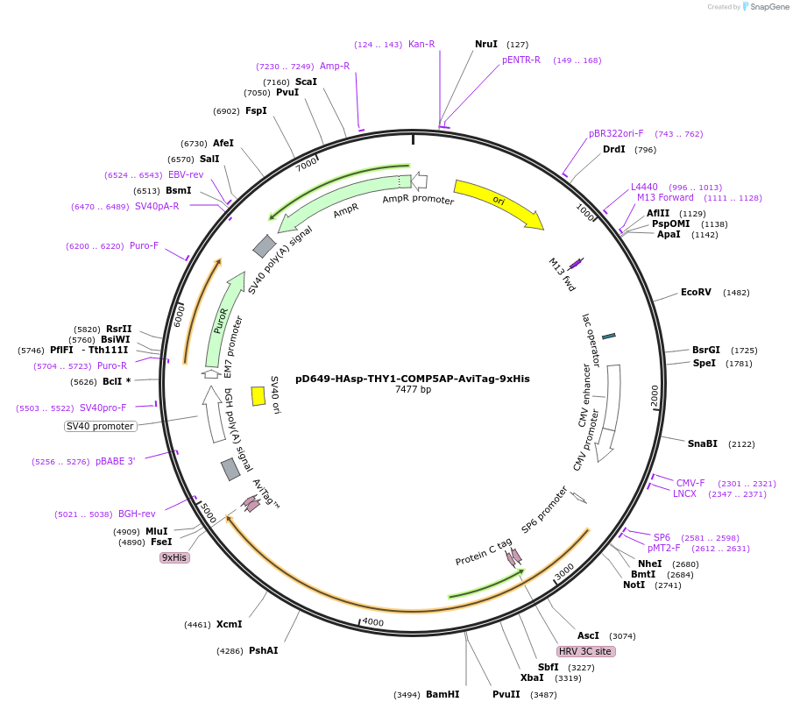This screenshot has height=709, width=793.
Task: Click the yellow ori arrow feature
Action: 498,203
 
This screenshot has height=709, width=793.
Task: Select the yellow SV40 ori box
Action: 258,396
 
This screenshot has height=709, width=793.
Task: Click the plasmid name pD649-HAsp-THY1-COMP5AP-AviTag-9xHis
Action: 412,379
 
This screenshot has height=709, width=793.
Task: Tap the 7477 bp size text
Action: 413,390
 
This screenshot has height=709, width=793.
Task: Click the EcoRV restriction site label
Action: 696,293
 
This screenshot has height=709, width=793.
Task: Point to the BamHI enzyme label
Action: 443,694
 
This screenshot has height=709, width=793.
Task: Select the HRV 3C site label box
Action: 585,651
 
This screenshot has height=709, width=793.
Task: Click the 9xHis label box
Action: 174,557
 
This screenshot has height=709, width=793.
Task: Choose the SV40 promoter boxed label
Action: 101,427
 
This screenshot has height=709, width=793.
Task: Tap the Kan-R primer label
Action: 421,45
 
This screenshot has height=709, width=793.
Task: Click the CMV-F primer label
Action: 690,483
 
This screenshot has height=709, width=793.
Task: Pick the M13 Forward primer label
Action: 665,198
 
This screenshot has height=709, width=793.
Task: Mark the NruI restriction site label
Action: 485,44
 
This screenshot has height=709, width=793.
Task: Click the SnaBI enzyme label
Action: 702,444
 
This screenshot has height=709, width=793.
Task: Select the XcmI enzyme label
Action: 229,625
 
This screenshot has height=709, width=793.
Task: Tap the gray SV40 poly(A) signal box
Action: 265,246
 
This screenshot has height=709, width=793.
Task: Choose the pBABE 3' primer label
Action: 115,461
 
